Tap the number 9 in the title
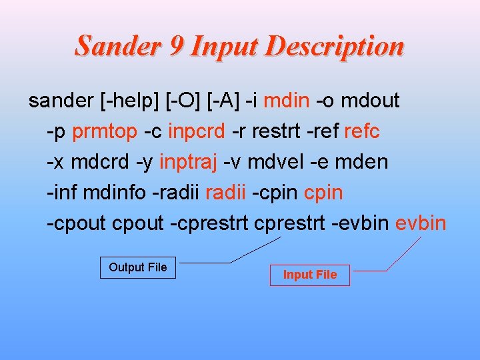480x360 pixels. (176, 46)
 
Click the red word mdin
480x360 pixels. (286, 101)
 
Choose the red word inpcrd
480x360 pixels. (197, 132)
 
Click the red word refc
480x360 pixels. (361, 132)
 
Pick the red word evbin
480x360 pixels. (421, 223)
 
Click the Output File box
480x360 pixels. (138, 267)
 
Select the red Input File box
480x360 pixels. (309, 275)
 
